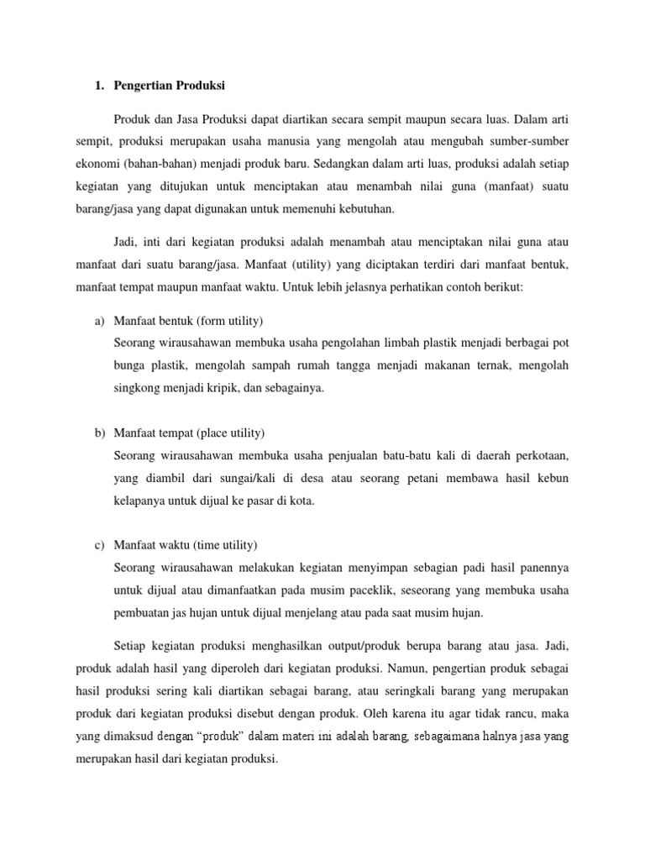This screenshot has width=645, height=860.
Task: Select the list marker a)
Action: click(x=98, y=322)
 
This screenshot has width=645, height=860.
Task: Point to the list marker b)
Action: click(x=98, y=433)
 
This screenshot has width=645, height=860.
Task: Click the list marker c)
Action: click(x=98, y=545)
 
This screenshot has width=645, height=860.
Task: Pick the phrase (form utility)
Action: click(x=233, y=322)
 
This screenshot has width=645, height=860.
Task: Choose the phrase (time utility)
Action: click(x=225, y=545)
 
